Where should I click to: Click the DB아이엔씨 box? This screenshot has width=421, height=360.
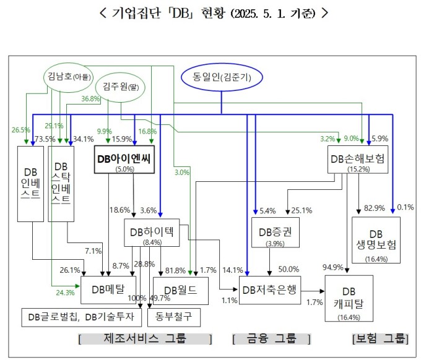pyautogui.click(x=124, y=160)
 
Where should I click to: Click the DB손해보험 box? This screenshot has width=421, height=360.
pyautogui.click(x=358, y=161)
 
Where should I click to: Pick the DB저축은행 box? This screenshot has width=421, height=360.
pyautogui.click(x=271, y=289)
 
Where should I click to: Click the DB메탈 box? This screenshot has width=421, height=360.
pyautogui.click(x=108, y=289)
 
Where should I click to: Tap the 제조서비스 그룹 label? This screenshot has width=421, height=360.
pyautogui.click(x=146, y=339)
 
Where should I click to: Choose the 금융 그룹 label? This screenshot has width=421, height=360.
pyautogui.click(x=271, y=339)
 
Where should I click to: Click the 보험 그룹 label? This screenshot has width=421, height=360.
pyautogui.click(x=380, y=339)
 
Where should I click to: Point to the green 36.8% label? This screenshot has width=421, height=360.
pyautogui.click(x=91, y=99)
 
